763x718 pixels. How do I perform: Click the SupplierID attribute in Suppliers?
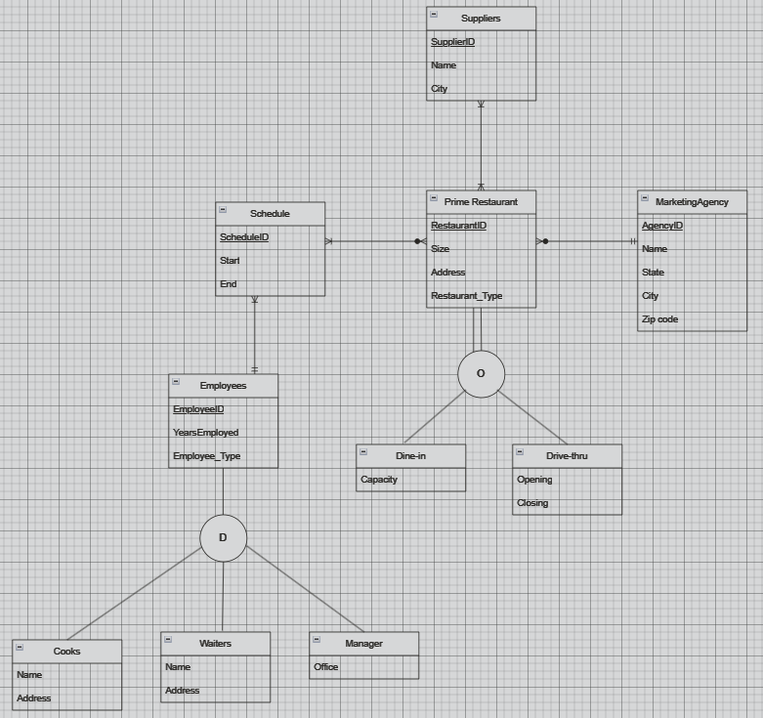tap(452, 42)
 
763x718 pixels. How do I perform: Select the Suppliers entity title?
tap(481, 19)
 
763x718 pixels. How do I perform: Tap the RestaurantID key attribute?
tap(458, 226)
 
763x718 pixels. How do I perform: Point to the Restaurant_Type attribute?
tap(466, 296)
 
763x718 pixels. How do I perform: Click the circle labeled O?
tap(481, 374)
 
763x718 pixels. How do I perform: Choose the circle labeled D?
tap(223, 538)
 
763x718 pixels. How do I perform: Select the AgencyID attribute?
tap(662, 226)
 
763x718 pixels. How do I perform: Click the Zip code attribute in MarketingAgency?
tap(659, 319)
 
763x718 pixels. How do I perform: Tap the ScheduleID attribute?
tap(244, 237)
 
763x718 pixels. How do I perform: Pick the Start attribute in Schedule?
tap(230, 261)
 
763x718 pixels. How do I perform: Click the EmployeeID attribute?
tap(198, 409)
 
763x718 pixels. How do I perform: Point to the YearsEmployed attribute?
tap(205, 433)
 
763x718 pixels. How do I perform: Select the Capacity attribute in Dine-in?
tap(379, 480)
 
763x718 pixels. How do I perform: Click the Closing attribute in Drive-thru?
tap(532, 503)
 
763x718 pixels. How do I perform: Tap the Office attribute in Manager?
tap(326, 667)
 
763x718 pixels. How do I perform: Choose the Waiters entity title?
tap(215, 644)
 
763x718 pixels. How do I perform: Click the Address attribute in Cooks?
tap(33, 698)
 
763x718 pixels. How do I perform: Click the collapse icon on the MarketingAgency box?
tap(645, 198)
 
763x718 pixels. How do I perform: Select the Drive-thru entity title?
tap(567, 456)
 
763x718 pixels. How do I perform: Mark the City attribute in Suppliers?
tap(440, 89)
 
